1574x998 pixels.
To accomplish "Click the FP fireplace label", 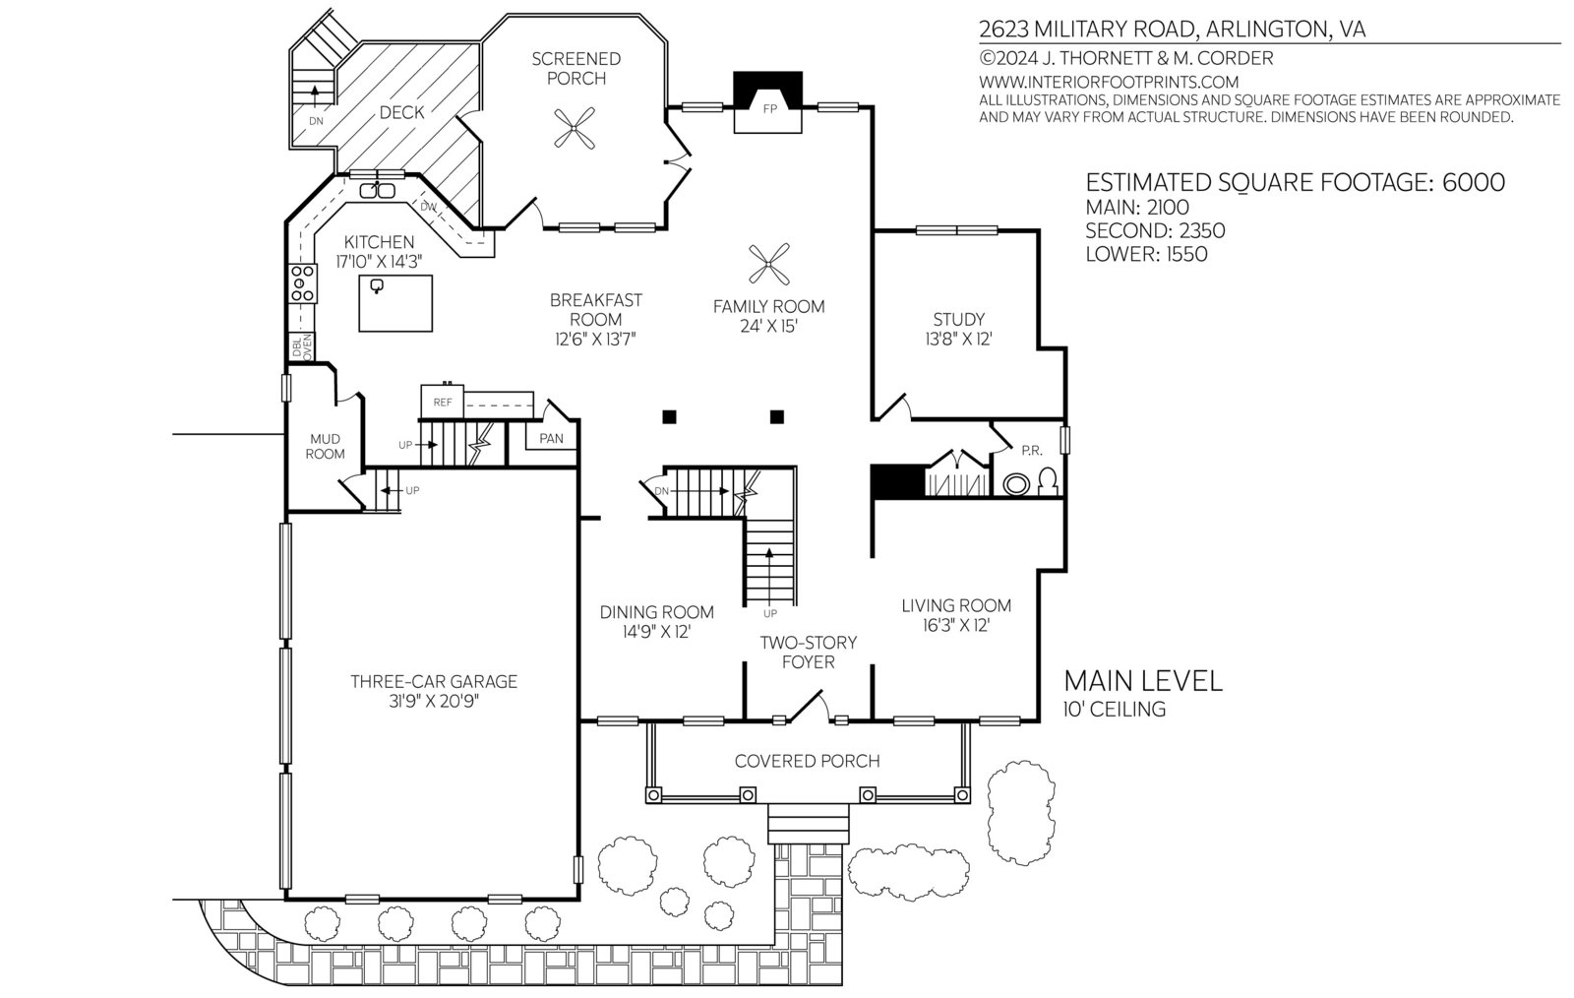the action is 769,109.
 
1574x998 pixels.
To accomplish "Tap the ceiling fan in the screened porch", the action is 575,128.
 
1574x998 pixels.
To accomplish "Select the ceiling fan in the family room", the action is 768,264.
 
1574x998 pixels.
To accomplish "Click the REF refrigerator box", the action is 442,402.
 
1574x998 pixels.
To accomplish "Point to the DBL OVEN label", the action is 301,347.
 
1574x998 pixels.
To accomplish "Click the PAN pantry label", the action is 551,439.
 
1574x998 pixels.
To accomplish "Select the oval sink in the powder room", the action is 1016,484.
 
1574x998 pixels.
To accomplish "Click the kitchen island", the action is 395,303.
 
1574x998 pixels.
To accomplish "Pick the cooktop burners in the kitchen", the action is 302,283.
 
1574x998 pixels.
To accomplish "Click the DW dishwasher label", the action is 429,208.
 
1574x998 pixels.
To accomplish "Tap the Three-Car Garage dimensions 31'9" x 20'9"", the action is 434,702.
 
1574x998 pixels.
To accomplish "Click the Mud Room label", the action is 325,446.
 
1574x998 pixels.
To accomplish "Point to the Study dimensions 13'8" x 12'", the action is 958,340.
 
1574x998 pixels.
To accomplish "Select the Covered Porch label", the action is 807,761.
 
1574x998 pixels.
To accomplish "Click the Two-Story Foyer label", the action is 808,653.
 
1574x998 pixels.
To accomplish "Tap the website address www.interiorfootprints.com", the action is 1109,83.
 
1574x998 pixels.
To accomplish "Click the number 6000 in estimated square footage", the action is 1474,183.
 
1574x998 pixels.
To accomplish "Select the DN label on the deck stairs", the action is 316,121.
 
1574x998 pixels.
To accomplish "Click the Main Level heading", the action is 1143,681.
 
